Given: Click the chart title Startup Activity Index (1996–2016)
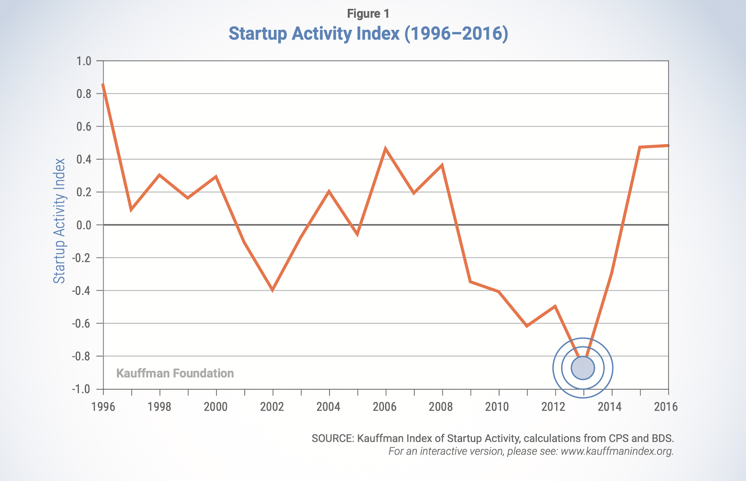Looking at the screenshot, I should click(368, 34).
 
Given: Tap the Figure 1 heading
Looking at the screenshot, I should click(368, 14).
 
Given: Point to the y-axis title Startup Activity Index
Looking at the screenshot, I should click(59, 221).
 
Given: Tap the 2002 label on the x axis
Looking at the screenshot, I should click(272, 407).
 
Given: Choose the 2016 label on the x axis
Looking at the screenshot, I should click(666, 407).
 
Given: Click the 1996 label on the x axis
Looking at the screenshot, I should click(104, 407).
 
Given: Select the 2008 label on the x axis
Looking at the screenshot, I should click(441, 407).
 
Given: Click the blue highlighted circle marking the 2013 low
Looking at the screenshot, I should click(583, 368).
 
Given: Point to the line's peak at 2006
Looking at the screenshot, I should click(386, 149).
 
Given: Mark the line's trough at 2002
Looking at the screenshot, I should click(272, 290).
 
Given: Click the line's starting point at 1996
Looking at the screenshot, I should click(103, 85).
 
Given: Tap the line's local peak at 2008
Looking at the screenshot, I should click(442, 165).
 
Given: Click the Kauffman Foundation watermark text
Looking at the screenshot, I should click(175, 373).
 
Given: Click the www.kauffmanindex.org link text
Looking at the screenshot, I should click(616, 451).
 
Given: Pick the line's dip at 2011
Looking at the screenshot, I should click(527, 326).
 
